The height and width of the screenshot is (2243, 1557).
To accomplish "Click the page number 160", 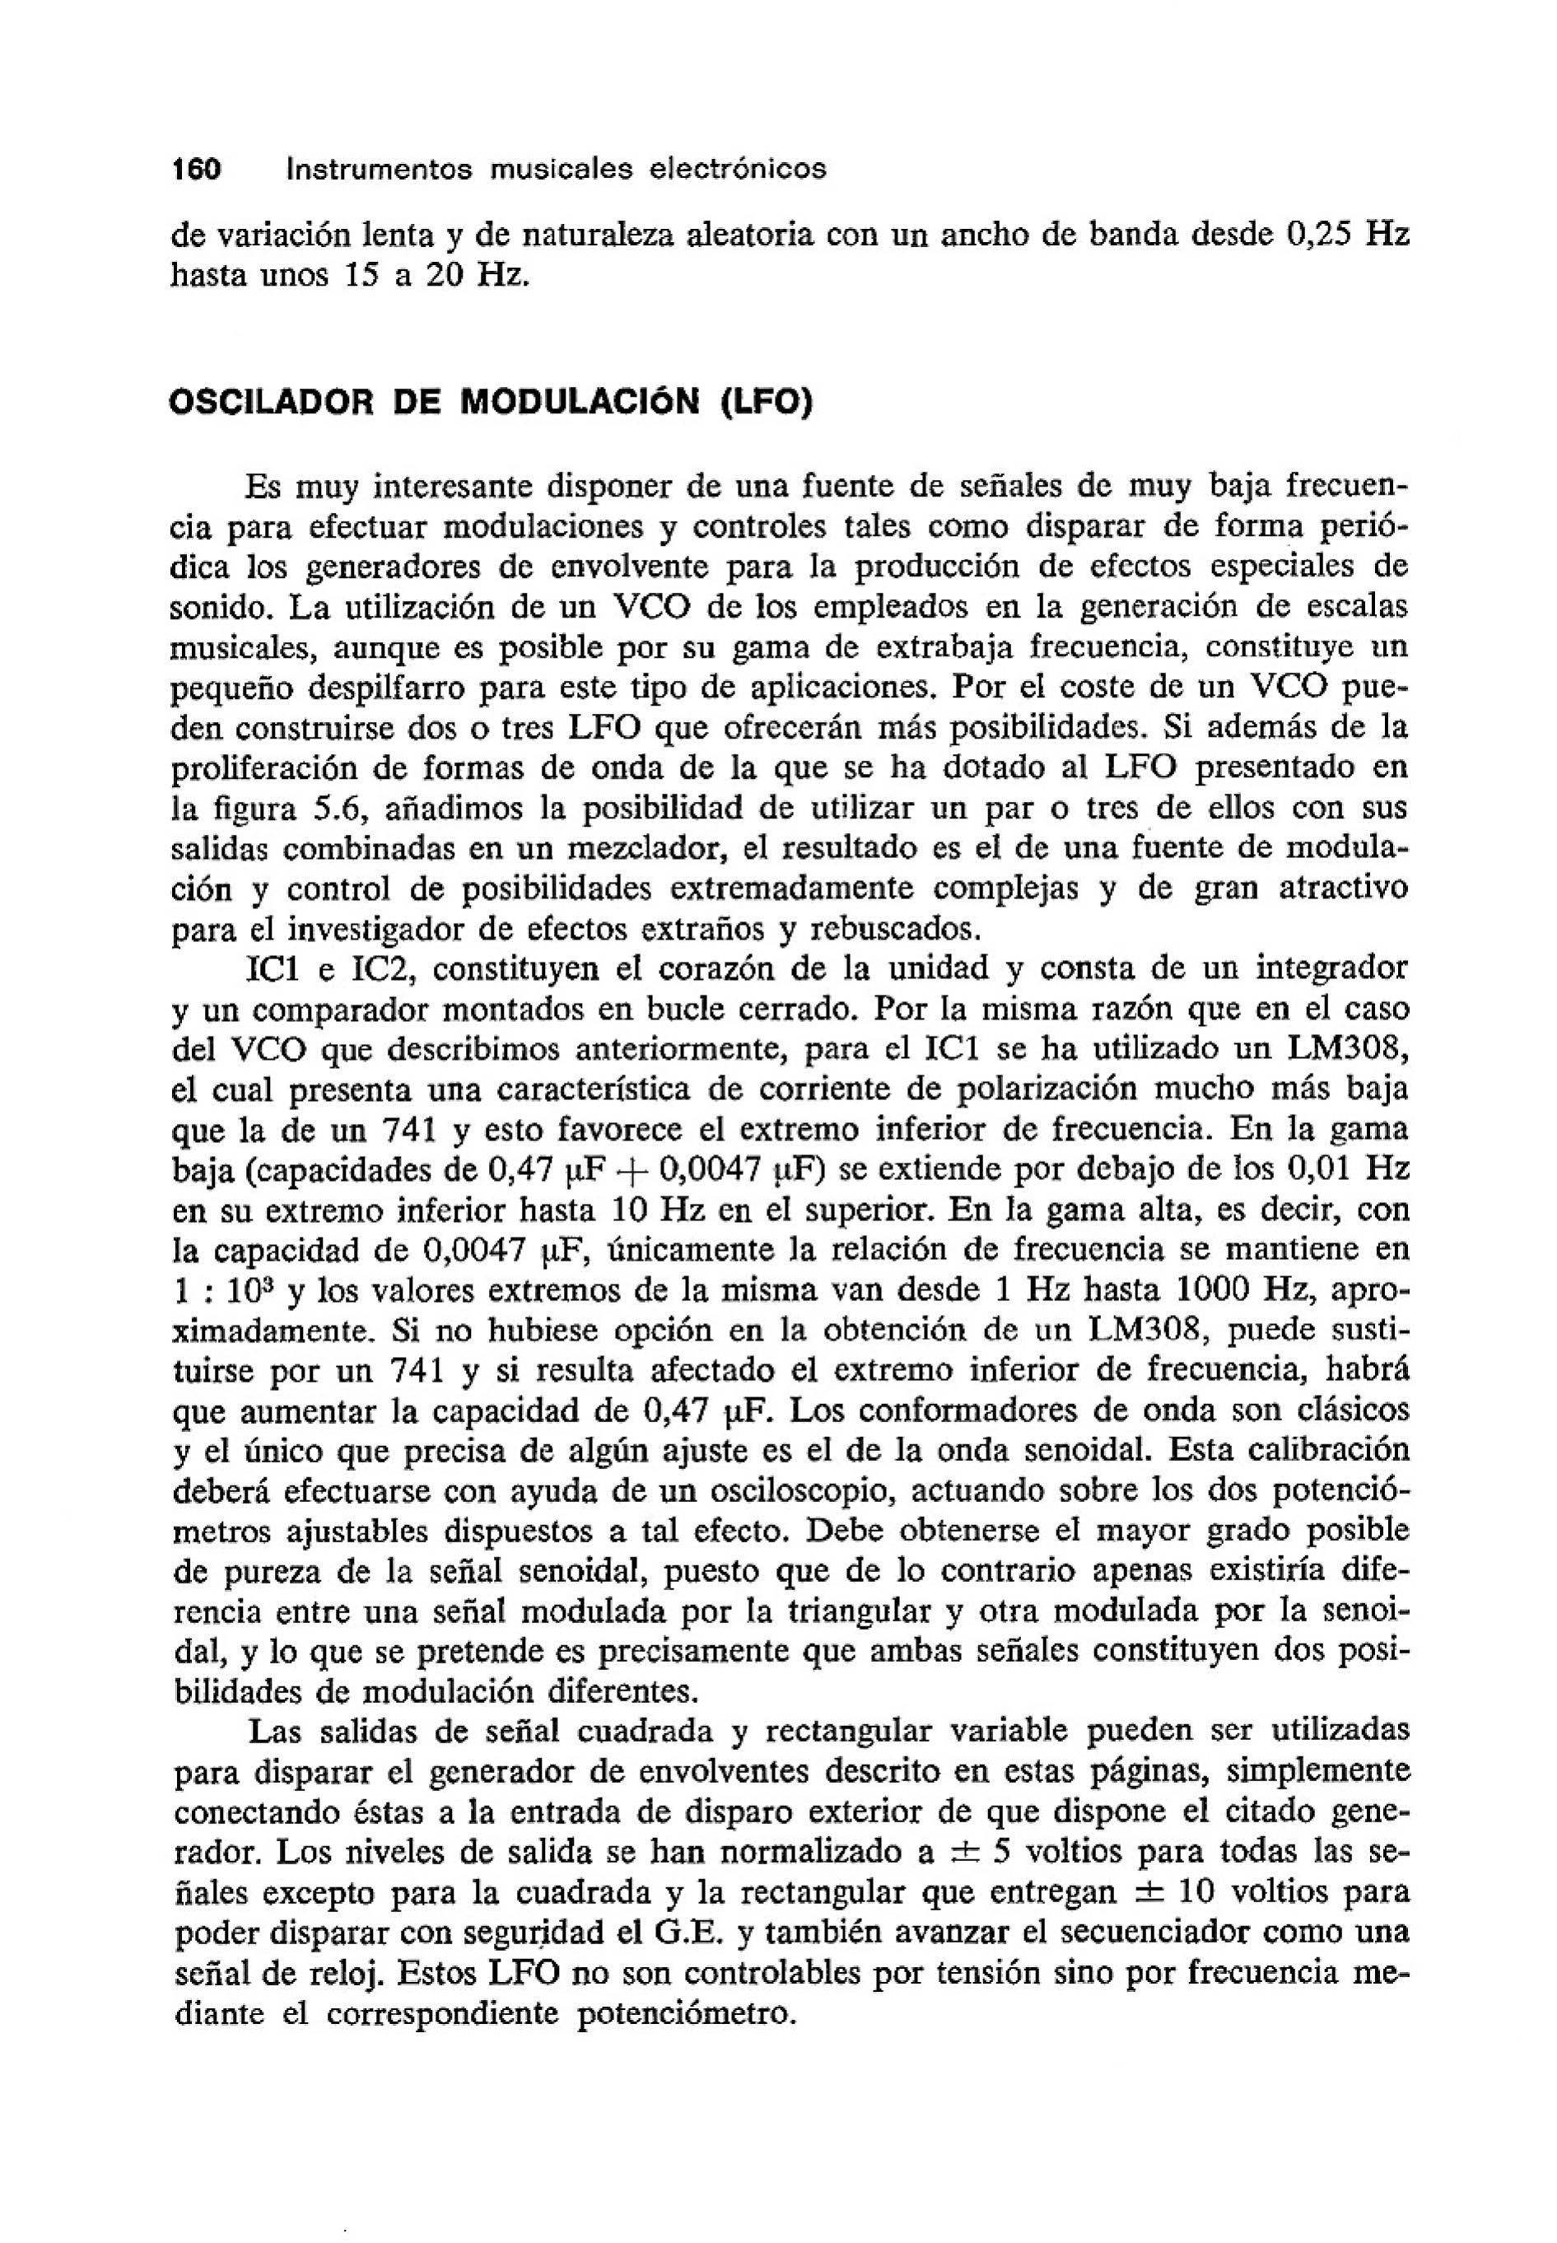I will (x=196, y=170).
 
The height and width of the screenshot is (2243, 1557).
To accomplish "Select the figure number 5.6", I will (x=344, y=809).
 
